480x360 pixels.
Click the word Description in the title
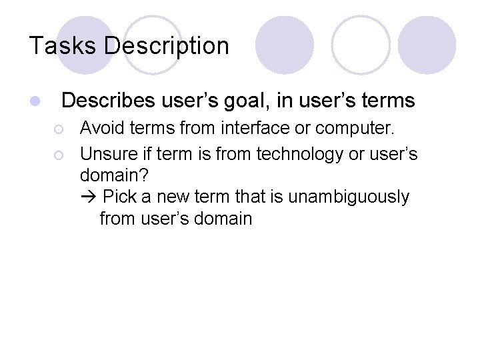[x=167, y=46]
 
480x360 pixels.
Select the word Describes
[x=107, y=101]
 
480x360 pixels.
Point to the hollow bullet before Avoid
[x=59, y=127]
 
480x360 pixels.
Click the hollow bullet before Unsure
[x=59, y=155]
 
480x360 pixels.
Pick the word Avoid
[x=100, y=127]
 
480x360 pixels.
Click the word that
[x=253, y=197]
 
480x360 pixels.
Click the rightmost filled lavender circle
[x=427, y=45]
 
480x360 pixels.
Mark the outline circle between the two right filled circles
[x=361, y=45]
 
